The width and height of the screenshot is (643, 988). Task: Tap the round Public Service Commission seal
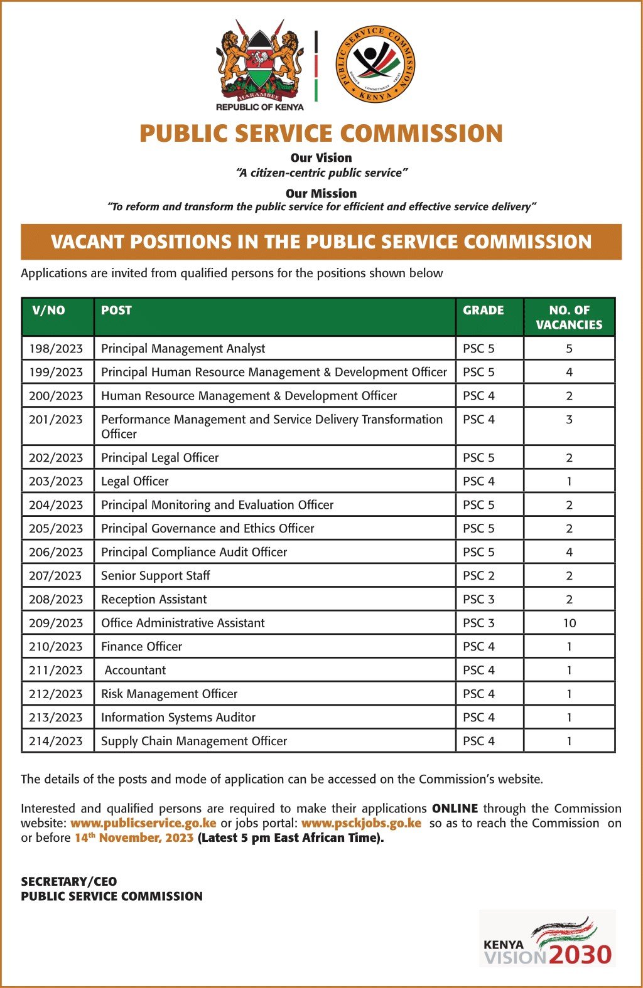coord(375,64)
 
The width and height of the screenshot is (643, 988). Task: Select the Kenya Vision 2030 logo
coord(548,939)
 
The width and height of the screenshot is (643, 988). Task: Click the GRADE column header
coord(483,311)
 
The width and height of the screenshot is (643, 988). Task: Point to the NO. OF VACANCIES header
coord(569,317)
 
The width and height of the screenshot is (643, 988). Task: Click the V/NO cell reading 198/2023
coord(56,349)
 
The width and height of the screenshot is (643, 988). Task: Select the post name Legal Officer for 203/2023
coord(135,481)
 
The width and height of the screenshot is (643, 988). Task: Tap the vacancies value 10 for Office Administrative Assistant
coord(569,623)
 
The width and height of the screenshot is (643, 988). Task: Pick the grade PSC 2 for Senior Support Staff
coord(478,576)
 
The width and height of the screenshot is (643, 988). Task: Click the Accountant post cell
coord(135,671)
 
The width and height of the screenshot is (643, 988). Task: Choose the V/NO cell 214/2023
coord(56,741)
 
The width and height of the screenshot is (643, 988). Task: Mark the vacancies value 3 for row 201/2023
coord(569,420)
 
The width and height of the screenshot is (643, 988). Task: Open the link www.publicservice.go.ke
coord(143,823)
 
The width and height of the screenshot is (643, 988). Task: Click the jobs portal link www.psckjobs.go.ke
coord(361,823)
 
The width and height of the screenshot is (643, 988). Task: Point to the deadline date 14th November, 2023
coord(134,838)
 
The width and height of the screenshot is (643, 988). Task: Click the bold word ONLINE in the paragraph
coord(455,809)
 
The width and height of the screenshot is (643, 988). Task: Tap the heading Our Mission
coord(321,193)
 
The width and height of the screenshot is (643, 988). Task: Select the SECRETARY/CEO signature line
coord(69,881)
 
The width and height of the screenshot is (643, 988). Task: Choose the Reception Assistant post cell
coord(154,600)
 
